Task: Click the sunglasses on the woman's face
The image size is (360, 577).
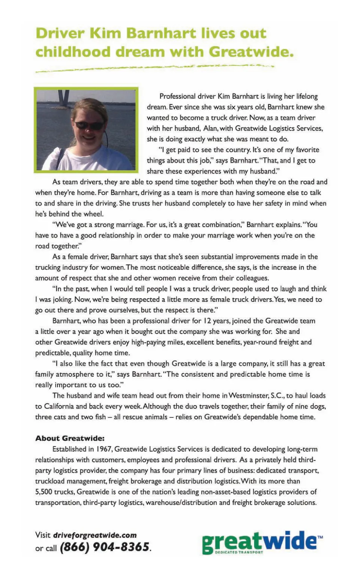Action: [89, 125]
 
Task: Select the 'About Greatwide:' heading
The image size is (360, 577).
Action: [70, 438]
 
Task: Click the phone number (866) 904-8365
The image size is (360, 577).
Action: [105, 547]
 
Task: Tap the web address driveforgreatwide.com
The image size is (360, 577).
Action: [95, 535]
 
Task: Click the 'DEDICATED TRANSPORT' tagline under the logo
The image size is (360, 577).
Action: [239, 552]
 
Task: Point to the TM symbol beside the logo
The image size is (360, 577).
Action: [320, 537]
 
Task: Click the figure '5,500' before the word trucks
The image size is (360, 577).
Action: [43, 492]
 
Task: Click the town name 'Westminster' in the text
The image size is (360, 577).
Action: [248, 395]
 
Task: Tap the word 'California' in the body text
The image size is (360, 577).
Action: [59, 406]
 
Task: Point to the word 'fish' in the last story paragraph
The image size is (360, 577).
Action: [99, 417]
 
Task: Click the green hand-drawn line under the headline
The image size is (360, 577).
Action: [154, 68]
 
